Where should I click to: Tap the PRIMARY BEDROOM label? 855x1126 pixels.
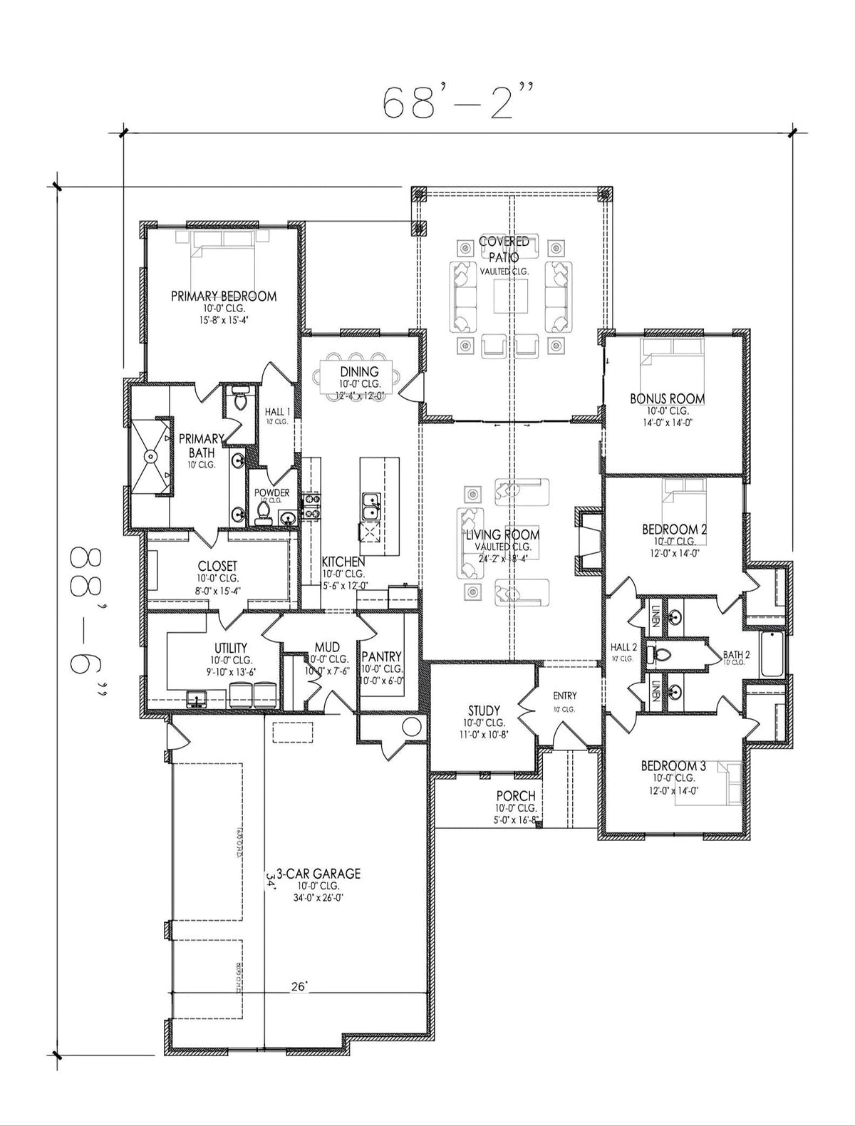pyautogui.click(x=223, y=296)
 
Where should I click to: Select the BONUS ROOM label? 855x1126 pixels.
pyautogui.click(x=668, y=399)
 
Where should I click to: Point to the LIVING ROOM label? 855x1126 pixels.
pyautogui.click(x=502, y=534)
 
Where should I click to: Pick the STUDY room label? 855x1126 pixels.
pyautogui.click(x=484, y=711)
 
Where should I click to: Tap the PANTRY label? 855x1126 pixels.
pyautogui.click(x=382, y=656)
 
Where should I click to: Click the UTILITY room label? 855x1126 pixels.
pyautogui.click(x=230, y=648)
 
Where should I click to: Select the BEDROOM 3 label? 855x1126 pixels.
pyautogui.click(x=673, y=766)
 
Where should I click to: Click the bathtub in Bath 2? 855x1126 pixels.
pyautogui.click(x=772, y=654)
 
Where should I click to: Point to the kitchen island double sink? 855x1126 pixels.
pyautogui.click(x=370, y=507)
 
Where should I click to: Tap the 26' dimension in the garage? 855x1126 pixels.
pyautogui.click(x=299, y=987)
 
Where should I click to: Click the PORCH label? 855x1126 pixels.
pyautogui.click(x=516, y=796)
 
